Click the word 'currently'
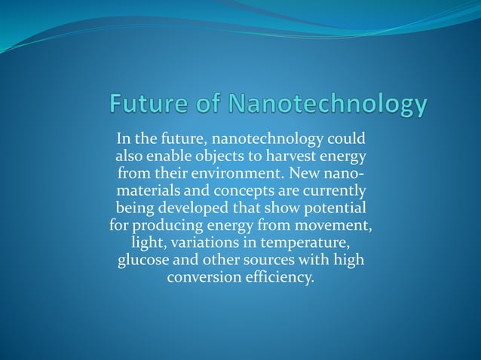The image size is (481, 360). point(332,191)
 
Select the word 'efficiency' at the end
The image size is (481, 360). point(279,276)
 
